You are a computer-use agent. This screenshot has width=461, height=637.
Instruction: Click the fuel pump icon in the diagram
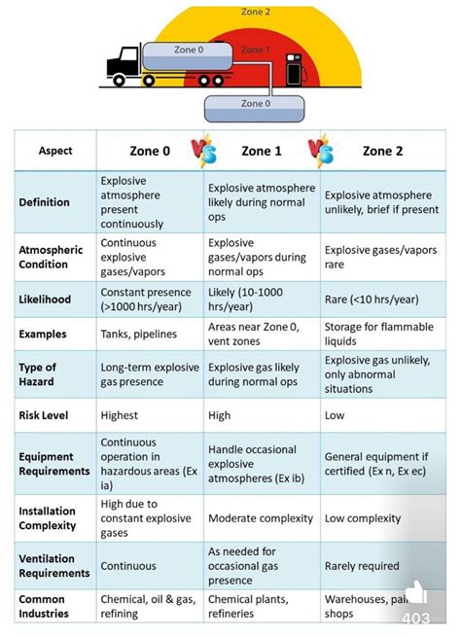292,72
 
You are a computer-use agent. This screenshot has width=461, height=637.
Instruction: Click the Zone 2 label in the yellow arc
255,12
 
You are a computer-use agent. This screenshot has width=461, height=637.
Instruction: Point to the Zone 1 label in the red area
255,49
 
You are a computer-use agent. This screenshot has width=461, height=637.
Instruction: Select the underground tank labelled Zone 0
250,107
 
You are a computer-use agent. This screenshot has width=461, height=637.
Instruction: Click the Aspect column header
55,151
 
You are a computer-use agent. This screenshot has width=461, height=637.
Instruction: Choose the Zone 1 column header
262,151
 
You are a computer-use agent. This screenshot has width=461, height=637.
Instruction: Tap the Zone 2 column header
383,151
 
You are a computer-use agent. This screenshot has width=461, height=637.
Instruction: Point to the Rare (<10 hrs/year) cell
372,298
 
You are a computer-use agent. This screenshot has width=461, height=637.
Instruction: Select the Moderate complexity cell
261,518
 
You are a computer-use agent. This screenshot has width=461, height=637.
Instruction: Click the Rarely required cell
362,565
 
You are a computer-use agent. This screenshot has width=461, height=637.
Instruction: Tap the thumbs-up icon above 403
415,592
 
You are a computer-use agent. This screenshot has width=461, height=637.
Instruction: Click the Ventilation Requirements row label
54,565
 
